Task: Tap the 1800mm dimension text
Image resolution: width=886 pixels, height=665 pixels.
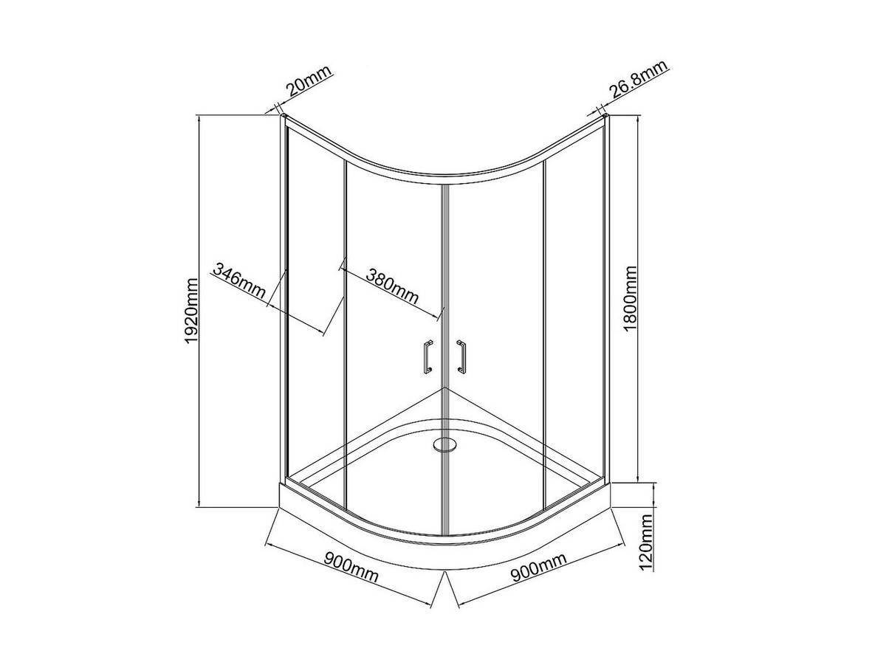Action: [x=631, y=299]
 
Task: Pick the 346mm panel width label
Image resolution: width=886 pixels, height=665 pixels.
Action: [x=238, y=280]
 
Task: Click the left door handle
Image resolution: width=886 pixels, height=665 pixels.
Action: [x=426, y=357]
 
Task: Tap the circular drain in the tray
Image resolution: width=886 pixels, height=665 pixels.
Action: [x=444, y=445]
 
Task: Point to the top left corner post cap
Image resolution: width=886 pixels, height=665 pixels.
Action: [x=284, y=116]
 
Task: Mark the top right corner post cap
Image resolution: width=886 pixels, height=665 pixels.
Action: [x=605, y=116]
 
